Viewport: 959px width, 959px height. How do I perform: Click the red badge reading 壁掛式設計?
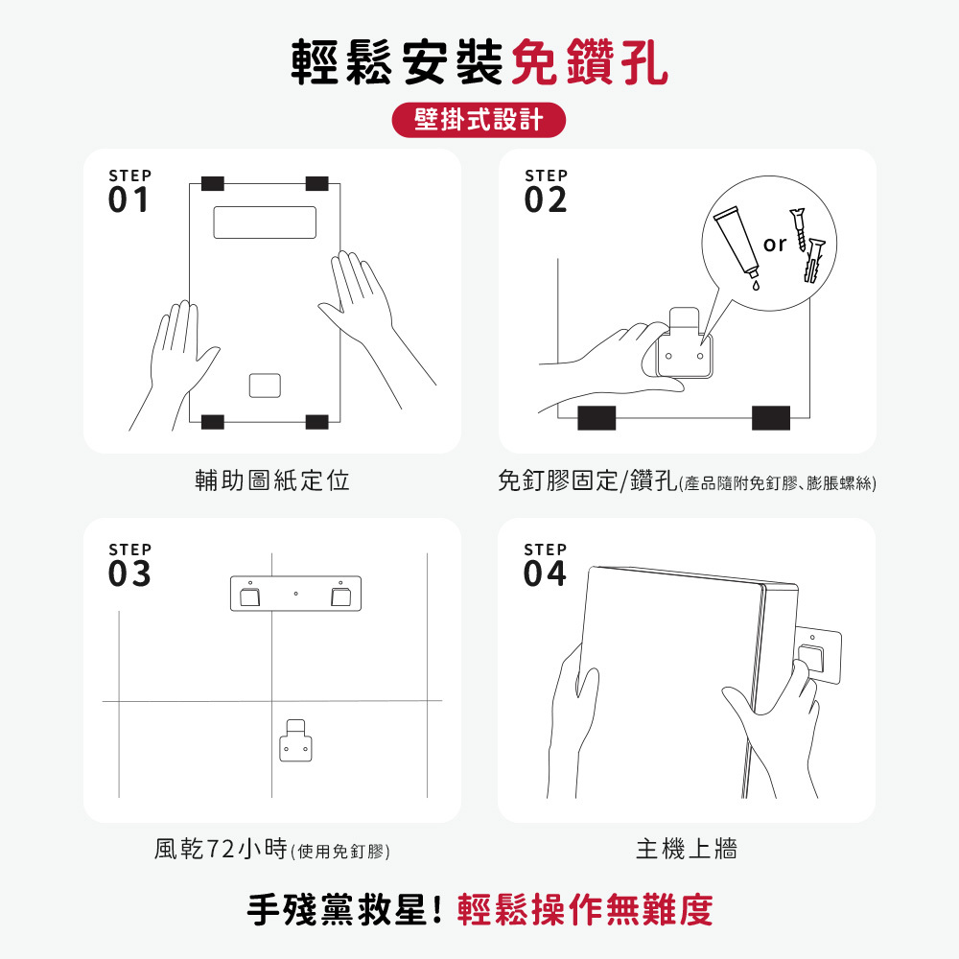(479, 120)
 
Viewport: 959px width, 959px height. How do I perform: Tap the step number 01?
(129, 200)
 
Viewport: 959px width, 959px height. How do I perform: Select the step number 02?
(545, 200)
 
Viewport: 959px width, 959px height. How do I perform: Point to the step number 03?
(129, 573)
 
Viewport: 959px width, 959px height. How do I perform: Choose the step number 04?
(545, 573)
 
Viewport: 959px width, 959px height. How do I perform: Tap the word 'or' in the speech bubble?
(774, 245)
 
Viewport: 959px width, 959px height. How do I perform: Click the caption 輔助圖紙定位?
(272, 480)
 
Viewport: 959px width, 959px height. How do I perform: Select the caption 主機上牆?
(687, 849)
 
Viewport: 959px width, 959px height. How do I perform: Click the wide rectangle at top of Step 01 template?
(265, 222)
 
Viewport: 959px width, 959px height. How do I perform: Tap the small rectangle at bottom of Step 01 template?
(265, 386)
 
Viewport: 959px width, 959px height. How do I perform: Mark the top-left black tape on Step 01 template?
(212, 183)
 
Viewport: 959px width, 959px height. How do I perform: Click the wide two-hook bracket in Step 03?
(295, 594)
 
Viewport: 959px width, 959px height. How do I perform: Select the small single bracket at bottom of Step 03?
(295, 740)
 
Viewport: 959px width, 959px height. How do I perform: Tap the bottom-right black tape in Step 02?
(771, 418)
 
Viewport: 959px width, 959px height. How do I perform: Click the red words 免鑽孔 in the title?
(589, 61)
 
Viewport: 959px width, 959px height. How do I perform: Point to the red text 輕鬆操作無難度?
(585, 910)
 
